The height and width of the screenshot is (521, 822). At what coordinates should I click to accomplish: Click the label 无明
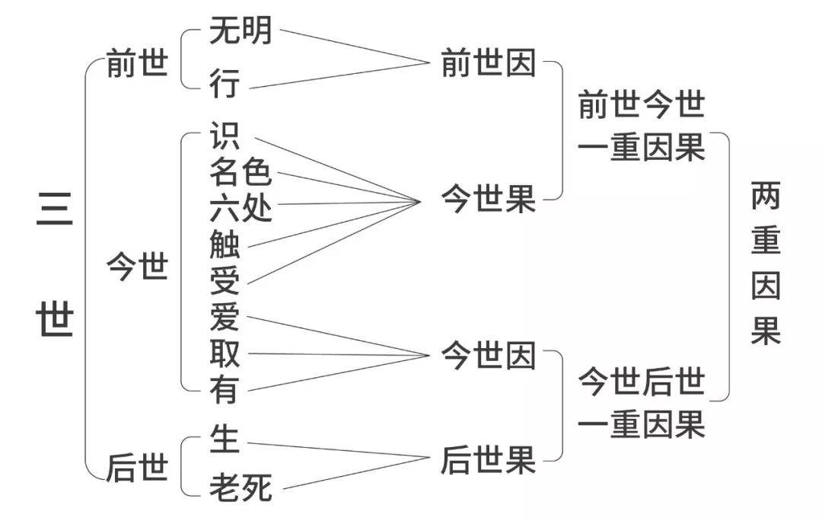(x=241, y=30)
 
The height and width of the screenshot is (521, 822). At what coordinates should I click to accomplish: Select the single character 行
(x=225, y=83)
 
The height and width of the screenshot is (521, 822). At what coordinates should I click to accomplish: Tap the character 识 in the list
(x=225, y=136)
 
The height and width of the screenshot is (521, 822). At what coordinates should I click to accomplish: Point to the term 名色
(x=241, y=171)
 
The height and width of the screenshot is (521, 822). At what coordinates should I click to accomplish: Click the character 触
(x=225, y=244)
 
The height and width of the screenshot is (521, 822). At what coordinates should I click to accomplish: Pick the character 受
(x=225, y=281)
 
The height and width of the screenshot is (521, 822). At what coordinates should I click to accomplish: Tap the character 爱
(x=225, y=317)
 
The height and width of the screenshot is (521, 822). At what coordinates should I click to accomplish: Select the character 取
(x=225, y=353)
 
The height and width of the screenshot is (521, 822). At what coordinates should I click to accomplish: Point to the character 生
(x=225, y=439)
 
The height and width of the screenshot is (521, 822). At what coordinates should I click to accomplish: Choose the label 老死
(x=241, y=487)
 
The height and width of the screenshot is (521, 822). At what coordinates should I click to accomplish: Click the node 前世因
(x=488, y=62)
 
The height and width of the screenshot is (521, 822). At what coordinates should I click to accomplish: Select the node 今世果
(x=488, y=199)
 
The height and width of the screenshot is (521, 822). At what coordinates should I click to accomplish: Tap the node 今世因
(x=488, y=355)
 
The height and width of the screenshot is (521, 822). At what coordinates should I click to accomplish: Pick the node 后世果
(x=488, y=460)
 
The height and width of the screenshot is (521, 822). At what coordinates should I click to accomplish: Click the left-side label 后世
(x=137, y=468)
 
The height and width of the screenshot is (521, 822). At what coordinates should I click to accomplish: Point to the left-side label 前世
(x=137, y=63)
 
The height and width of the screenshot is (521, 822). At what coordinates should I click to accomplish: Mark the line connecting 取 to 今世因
(x=339, y=355)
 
